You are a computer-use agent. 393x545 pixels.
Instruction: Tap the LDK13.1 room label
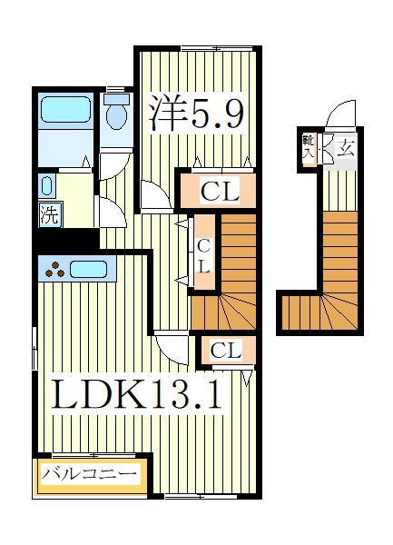(x=136, y=395)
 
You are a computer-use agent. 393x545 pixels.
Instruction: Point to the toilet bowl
(x=115, y=117)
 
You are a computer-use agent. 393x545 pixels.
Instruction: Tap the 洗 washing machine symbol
(x=50, y=216)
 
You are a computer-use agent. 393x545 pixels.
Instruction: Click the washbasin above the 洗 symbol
(x=46, y=187)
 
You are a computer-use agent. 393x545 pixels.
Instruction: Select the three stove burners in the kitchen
(x=55, y=269)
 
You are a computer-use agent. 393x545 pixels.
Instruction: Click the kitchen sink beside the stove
(x=88, y=269)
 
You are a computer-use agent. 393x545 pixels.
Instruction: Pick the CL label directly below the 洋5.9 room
(x=219, y=192)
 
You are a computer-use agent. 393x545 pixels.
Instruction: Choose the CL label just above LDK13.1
(x=225, y=351)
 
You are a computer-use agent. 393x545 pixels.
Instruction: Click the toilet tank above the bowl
(x=114, y=96)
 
